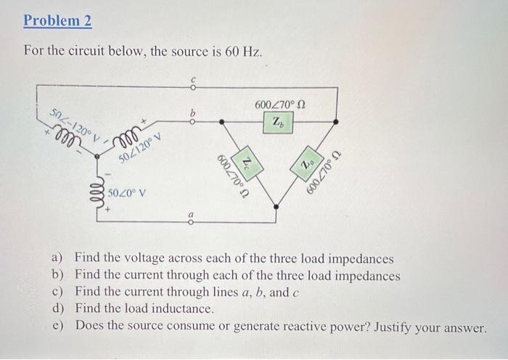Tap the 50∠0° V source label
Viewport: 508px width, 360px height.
point(127,193)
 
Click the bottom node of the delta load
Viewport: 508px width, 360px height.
point(277,207)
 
